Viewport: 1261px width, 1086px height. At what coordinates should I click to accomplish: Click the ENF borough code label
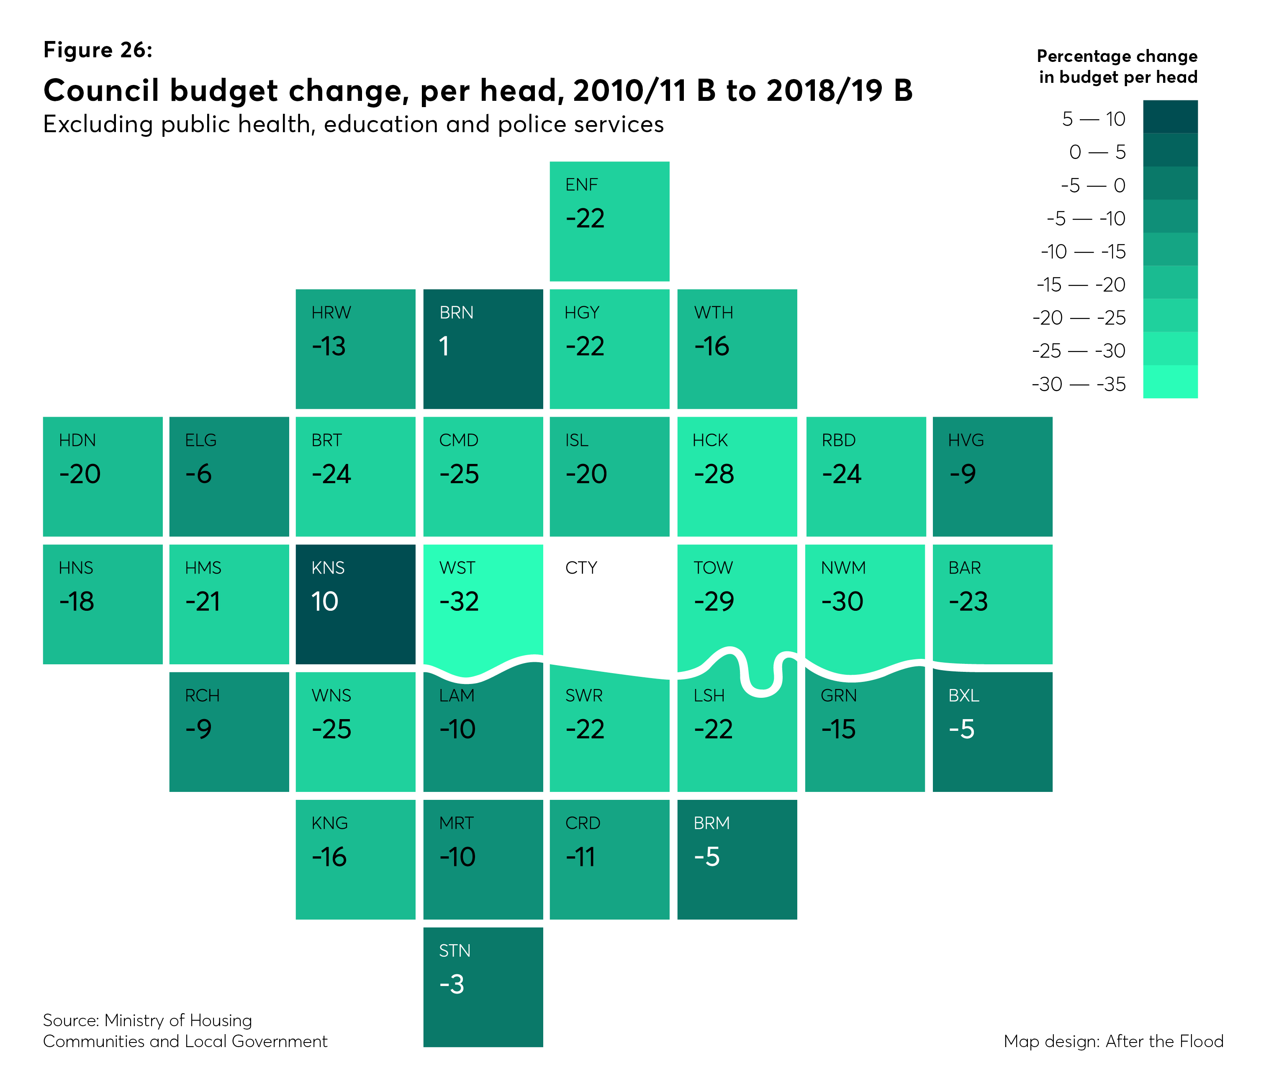click(581, 185)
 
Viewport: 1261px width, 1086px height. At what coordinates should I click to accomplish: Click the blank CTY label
click(581, 568)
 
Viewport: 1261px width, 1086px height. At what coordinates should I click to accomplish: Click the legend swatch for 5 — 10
click(1170, 117)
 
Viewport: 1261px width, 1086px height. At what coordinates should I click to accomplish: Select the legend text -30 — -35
click(1079, 384)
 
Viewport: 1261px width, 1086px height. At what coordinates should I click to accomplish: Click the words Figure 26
click(98, 50)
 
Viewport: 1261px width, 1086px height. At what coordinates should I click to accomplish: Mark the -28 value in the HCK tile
click(714, 474)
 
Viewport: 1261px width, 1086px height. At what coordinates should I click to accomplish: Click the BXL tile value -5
click(962, 730)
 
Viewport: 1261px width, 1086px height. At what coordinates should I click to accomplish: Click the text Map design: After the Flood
click(1113, 1041)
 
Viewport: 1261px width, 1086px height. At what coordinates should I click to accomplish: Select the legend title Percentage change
click(1117, 56)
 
